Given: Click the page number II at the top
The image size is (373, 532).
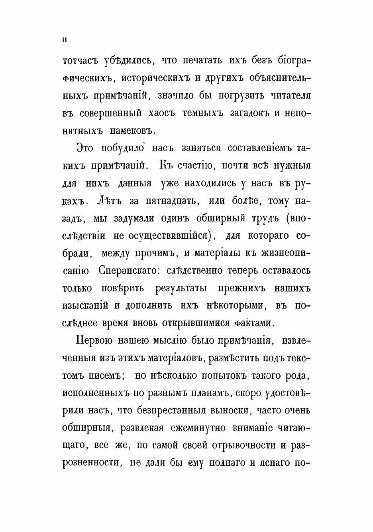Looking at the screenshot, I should (64, 39).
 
